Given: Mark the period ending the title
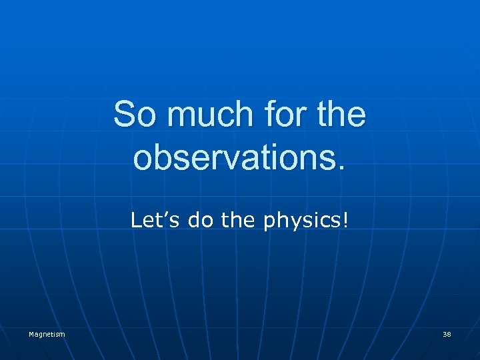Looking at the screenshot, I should [342, 167].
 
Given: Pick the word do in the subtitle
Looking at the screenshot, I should [200, 221].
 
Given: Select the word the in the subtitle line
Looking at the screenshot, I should [240, 221].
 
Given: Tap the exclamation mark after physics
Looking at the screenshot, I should [345, 221].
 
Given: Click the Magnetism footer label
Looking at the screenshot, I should [47, 334].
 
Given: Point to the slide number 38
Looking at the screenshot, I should [447, 334].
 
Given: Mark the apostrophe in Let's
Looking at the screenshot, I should [165, 215].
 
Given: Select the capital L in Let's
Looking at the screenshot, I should [136, 221].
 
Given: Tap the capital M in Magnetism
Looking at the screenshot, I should [31, 334].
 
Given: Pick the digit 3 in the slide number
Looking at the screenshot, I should [445, 334].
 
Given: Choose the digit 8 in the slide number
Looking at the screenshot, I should [449, 334].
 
